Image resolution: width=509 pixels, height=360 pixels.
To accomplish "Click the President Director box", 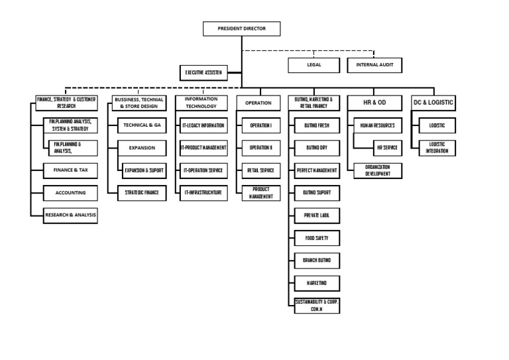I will [x=241, y=29].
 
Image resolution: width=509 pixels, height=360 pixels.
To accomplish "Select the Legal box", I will [x=314, y=65].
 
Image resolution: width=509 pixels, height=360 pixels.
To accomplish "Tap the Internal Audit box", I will [x=374, y=65].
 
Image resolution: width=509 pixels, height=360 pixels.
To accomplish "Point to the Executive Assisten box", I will [x=204, y=73].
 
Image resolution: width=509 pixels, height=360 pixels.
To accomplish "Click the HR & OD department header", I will [x=375, y=103].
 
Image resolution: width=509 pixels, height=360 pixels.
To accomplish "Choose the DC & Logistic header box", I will [x=434, y=103].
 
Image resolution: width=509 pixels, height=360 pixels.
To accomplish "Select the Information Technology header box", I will [x=201, y=103].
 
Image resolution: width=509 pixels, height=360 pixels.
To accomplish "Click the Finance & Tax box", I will [x=70, y=170].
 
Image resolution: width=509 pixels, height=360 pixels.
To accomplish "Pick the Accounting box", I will [x=70, y=193].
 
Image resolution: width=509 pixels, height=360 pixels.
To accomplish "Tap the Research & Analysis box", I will [x=70, y=215].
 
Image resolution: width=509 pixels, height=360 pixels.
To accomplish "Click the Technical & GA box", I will [x=142, y=125].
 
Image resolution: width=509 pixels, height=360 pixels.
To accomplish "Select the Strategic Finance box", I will [x=142, y=193].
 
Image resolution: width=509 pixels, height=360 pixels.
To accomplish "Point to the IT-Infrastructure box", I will [x=203, y=193].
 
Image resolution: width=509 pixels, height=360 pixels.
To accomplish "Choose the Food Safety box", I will [x=317, y=237].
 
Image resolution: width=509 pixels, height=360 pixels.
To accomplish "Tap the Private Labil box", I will [x=317, y=215].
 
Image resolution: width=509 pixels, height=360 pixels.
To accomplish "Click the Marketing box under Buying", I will [x=317, y=283].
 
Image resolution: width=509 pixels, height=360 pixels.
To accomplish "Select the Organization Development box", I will [x=377, y=170].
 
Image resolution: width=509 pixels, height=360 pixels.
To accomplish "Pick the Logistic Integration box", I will [x=437, y=148].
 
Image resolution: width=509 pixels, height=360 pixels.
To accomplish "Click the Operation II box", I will [x=260, y=148].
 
